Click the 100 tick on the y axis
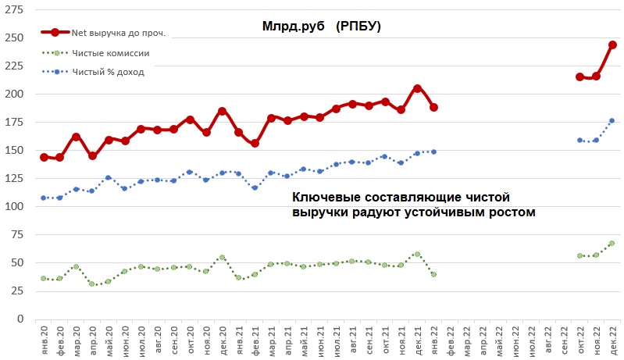(14, 206)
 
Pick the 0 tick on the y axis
(20, 319)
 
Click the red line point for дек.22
(613, 45)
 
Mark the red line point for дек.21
(417, 88)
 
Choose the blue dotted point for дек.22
(612, 120)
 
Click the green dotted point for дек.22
(612, 244)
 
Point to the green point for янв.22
(433, 274)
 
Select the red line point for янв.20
(44, 157)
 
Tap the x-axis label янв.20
(44, 340)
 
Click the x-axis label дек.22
(612, 340)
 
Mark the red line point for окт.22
(579, 77)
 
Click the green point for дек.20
(222, 258)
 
